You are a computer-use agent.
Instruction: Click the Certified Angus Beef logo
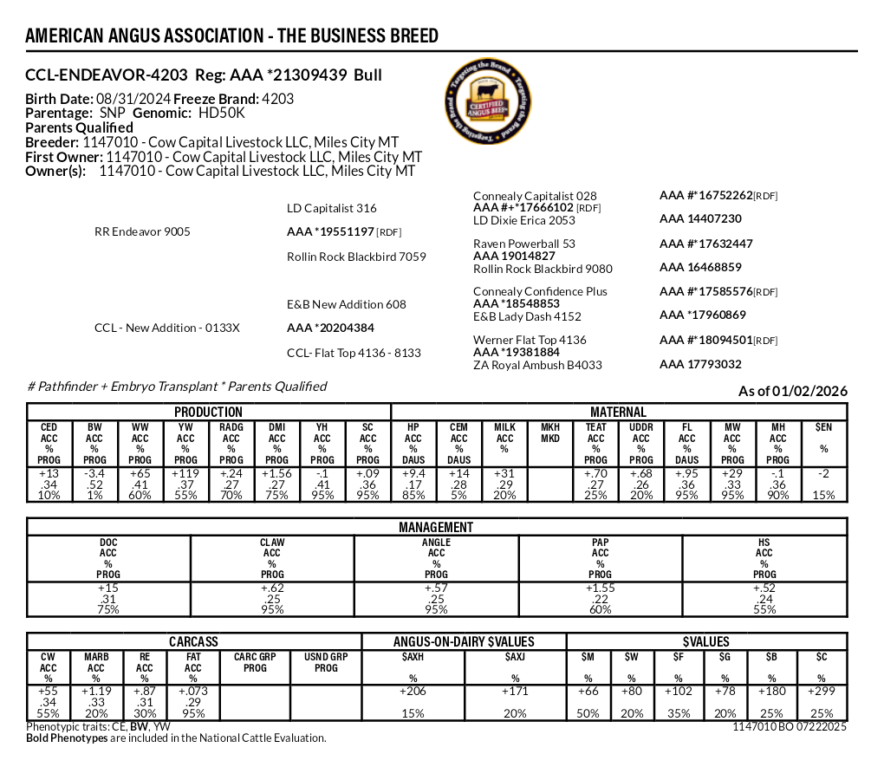pyautogui.click(x=491, y=102)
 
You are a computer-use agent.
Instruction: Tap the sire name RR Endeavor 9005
pyautogui.click(x=142, y=232)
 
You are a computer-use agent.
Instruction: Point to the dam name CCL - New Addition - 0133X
pyautogui.click(x=166, y=328)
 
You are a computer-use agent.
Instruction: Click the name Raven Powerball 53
pyautogui.click(x=524, y=244)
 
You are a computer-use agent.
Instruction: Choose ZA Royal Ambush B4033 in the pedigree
pyautogui.click(x=537, y=365)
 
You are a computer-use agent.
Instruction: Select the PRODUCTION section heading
pyautogui.click(x=209, y=413)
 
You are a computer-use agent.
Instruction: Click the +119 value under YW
pyautogui.click(x=185, y=474)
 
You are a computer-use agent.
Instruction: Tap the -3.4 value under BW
pyautogui.click(x=94, y=474)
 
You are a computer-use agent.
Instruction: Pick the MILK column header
pyautogui.click(x=504, y=427)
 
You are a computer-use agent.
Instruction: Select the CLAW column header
pyautogui.click(x=272, y=543)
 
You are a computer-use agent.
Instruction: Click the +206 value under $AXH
pyautogui.click(x=413, y=692)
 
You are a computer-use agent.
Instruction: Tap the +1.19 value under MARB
pyautogui.click(x=96, y=692)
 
